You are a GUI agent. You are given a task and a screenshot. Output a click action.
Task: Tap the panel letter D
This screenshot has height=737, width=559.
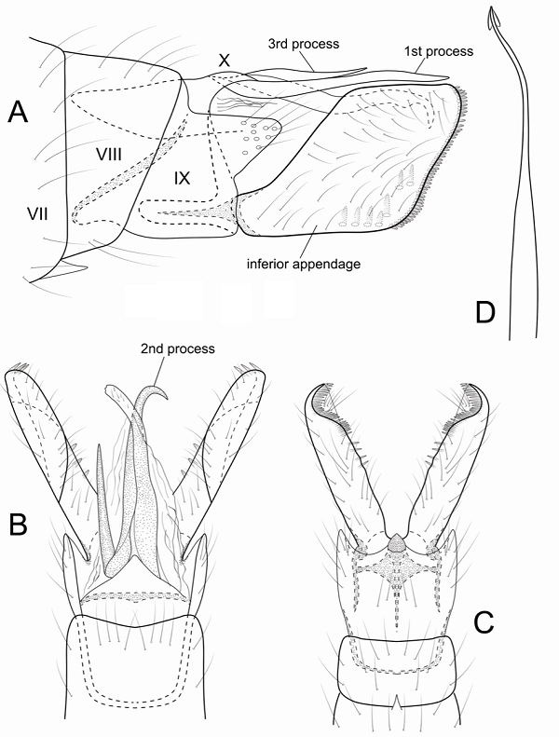(484, 313)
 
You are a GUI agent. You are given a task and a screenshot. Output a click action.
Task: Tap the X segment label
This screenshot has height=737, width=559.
(224, 59)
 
